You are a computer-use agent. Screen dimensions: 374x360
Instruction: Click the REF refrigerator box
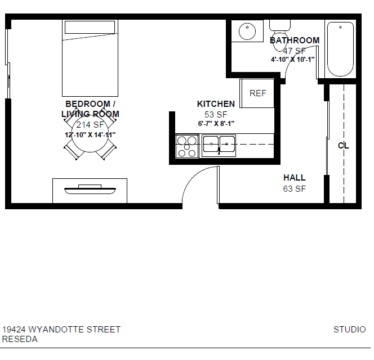257,93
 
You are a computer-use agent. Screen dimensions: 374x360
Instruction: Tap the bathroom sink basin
247,31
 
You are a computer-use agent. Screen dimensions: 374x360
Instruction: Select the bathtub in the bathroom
340,49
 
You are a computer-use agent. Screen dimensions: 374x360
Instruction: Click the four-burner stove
187,146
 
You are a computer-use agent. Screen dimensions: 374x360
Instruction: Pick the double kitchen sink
219,146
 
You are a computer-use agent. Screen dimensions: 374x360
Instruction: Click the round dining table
90,134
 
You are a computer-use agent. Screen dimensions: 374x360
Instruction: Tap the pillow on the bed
90,28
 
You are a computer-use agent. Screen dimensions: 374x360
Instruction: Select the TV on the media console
90,189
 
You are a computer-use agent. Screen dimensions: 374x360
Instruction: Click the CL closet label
344,145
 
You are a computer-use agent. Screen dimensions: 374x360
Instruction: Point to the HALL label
295,178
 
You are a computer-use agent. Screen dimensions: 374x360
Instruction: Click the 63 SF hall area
295,188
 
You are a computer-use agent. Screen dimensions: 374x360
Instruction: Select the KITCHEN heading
216,104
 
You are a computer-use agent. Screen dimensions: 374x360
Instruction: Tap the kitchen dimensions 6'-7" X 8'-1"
216,124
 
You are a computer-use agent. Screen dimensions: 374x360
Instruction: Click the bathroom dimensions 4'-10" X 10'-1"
293,59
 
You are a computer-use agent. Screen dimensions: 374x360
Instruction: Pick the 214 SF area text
90,124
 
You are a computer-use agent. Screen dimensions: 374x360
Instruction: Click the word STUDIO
350,330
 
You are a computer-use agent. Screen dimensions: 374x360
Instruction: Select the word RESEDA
20,339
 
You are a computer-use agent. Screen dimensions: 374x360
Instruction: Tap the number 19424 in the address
14,330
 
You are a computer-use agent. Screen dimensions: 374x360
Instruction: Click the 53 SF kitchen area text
216,114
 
